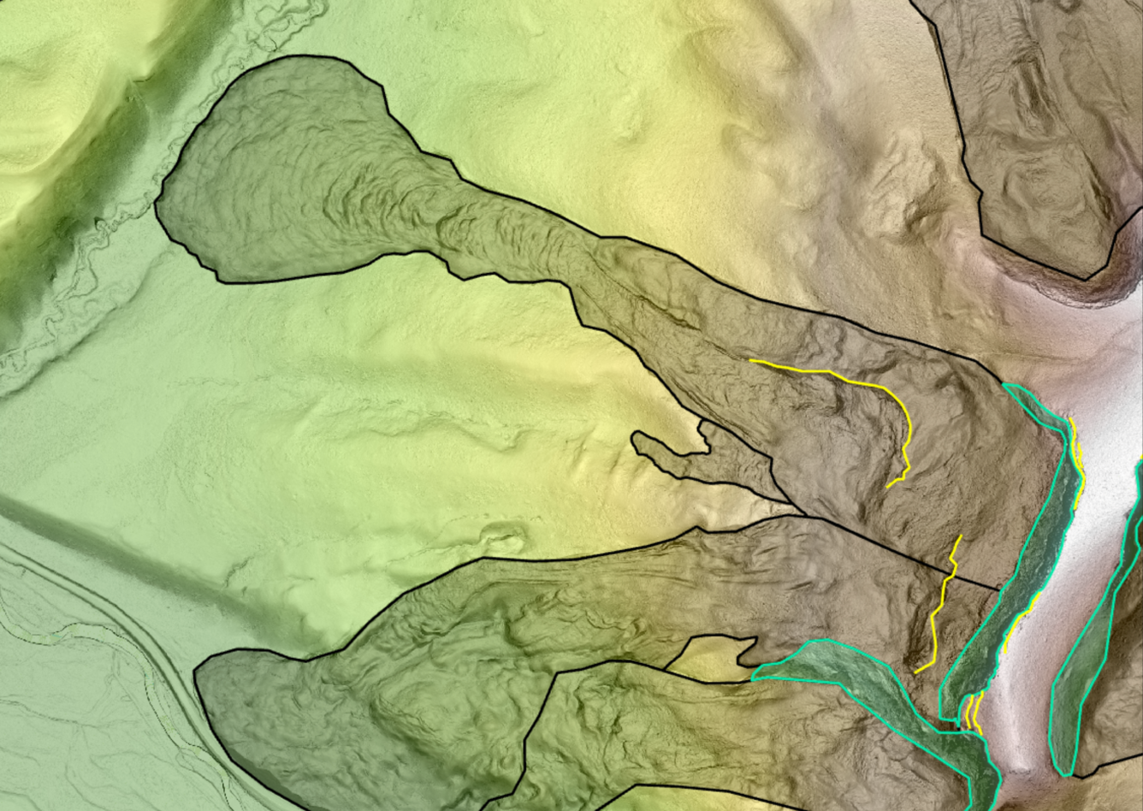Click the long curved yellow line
pos(856,376)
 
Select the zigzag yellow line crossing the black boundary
pos(942,599)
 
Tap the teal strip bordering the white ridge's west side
pos(1035,556)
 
